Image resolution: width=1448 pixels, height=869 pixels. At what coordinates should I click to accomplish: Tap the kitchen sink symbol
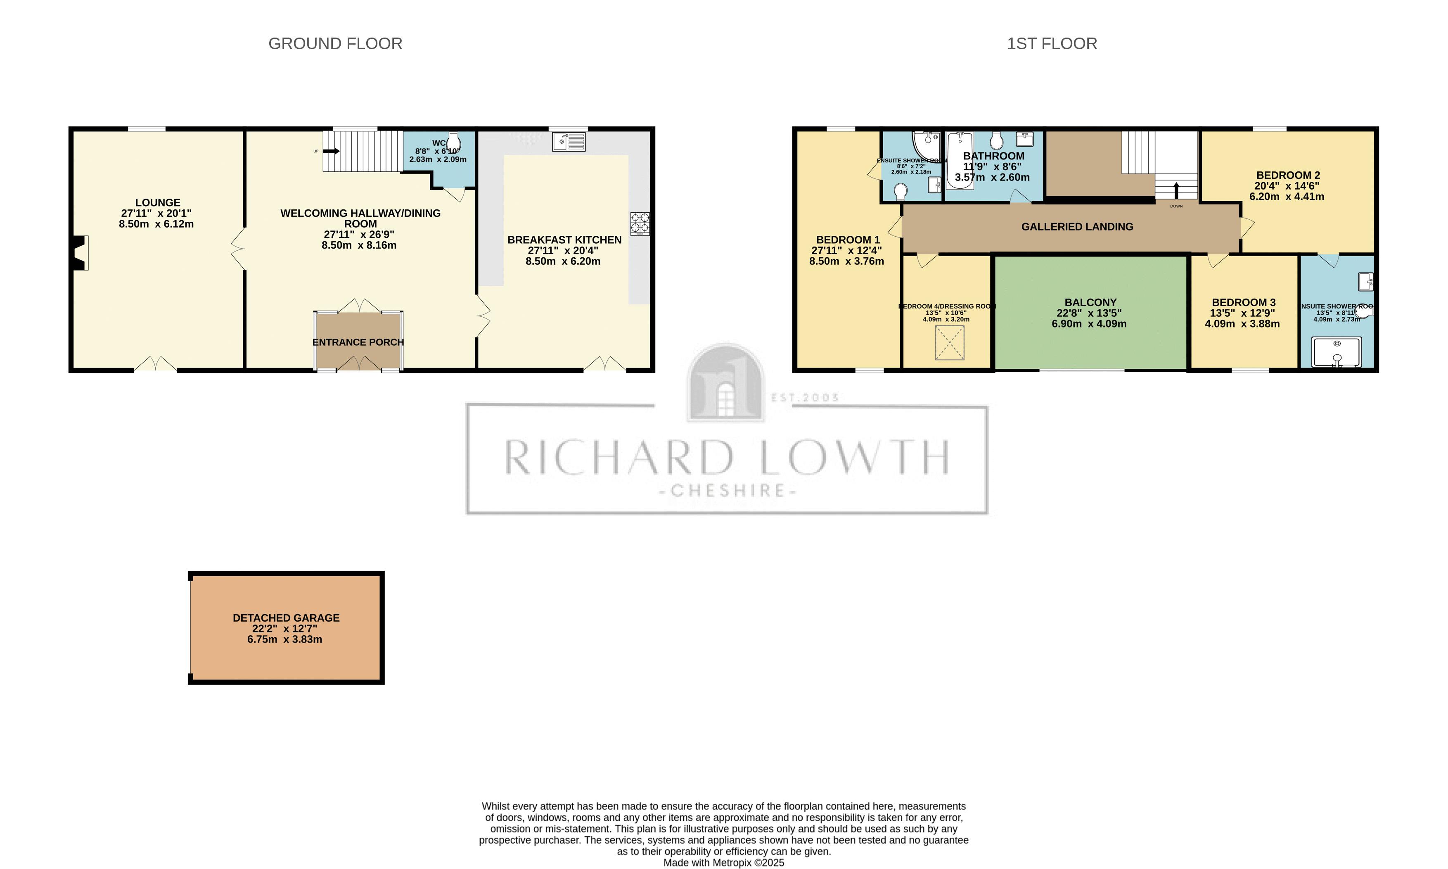(x=568, y=142)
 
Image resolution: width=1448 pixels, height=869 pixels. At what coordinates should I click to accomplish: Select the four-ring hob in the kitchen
(x=640, y=223)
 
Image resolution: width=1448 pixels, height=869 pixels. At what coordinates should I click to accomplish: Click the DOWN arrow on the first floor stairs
(x=1176, y=191)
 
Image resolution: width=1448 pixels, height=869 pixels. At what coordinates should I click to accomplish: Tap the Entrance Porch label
(x=358, y=342)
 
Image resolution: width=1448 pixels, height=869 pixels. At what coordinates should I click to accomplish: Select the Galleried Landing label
(x=1077, y=227)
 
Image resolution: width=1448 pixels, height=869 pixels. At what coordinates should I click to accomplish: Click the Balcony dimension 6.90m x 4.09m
(x=1089, y=324)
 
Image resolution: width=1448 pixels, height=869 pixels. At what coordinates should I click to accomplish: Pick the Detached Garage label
(x=286, y=618)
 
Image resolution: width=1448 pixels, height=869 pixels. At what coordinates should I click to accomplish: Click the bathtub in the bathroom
(x=960, y=160)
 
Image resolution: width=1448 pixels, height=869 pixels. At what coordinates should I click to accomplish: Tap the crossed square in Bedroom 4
(x=949, y=342)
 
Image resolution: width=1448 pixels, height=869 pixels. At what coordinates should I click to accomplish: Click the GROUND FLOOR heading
(x=335, y=44)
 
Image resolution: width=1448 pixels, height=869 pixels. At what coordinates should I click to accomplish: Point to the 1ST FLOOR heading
(x=1051, y=44)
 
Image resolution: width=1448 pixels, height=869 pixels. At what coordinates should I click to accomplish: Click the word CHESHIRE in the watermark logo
(x=728, y=490)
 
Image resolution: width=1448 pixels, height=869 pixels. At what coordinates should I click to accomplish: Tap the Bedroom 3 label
(x=1243, y=302)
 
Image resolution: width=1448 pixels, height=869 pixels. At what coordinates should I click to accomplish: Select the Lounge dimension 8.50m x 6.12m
(x=156, y=224)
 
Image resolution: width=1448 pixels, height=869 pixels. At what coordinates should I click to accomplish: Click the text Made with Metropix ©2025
(x=723, y=862)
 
